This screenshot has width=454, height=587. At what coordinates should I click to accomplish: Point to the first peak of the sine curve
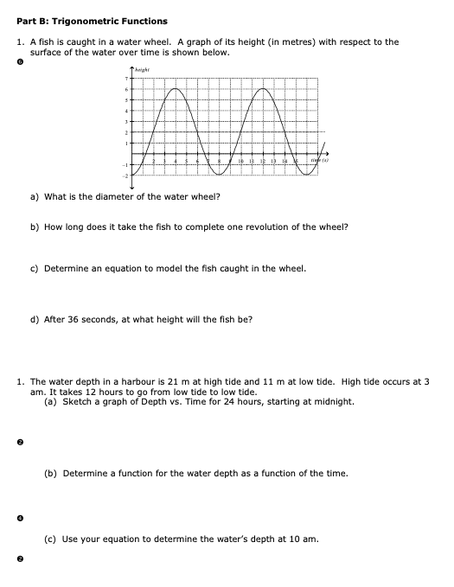(x=176, y=89)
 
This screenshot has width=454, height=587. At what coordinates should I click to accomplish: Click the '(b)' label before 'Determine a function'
(x=51, y=473)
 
